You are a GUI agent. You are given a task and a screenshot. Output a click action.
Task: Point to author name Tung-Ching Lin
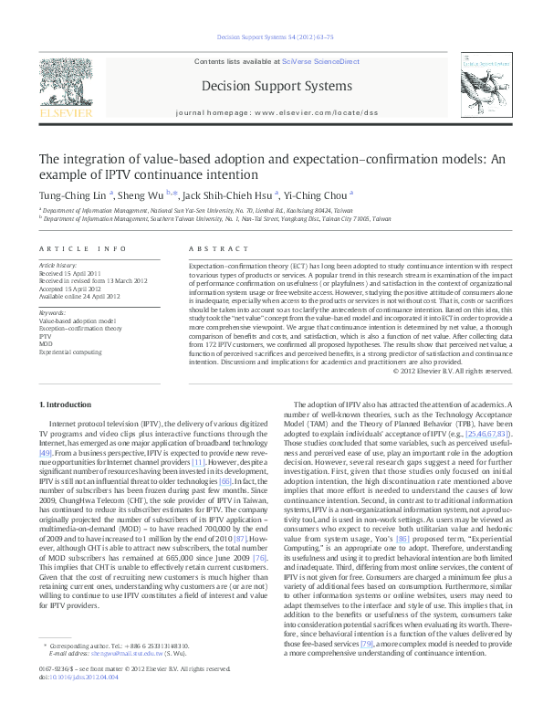72,194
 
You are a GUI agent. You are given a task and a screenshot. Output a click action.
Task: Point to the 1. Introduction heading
67,404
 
